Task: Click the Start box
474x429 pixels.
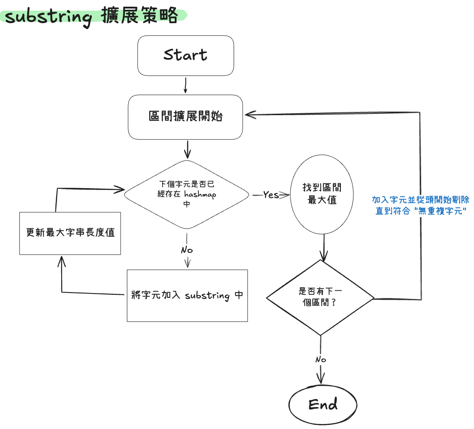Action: coord(185,55)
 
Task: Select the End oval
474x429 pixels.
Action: coord(323,404)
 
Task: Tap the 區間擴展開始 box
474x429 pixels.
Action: coord(185,116)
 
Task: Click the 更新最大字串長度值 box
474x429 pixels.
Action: coord(70,233)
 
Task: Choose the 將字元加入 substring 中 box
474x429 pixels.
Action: coord(187,295)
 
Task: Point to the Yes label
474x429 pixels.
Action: coord(271,195)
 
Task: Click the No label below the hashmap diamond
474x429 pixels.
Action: coord(187,250)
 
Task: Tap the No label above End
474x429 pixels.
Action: coord(321,359)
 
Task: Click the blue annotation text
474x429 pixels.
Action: coord(421,205)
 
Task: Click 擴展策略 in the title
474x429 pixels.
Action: coord(139,16)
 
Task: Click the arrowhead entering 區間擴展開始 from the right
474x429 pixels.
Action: coord(248,115)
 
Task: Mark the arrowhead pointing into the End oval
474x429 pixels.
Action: coord(321,378)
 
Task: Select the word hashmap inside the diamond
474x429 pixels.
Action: coord(199,195)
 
